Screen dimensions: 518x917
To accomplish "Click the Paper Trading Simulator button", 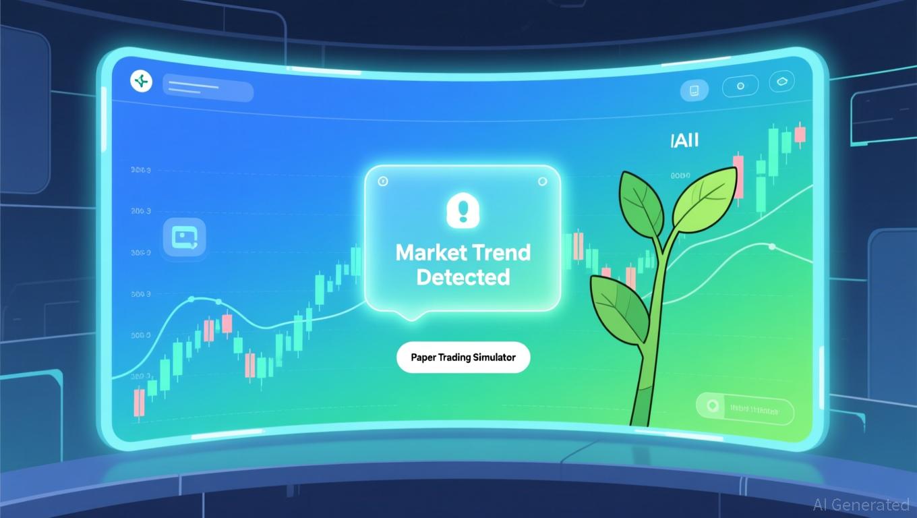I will point(463,357).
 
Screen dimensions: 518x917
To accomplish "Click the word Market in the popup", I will point(431,254).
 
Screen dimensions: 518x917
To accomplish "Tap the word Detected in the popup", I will point(463,277).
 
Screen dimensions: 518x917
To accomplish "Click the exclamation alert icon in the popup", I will point(462,210).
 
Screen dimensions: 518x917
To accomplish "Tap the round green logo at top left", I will point(141,82).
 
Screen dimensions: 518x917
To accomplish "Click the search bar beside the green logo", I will point(208,91).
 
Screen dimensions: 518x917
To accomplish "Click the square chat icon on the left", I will point(184,238).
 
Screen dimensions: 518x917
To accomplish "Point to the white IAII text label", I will point(684,140).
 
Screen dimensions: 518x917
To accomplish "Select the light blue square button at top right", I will point(694,89).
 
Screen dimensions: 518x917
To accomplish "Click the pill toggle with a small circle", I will point(740,86).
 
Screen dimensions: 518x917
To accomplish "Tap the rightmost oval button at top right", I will point(781,82).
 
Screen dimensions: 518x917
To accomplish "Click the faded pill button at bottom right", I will point(744,408).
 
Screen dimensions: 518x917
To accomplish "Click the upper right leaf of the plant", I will point(705,199).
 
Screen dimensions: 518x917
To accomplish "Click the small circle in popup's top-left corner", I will point(382,181).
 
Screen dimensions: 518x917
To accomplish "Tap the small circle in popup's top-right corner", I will point(542,181).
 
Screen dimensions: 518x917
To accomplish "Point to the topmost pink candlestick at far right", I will point(800,134).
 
